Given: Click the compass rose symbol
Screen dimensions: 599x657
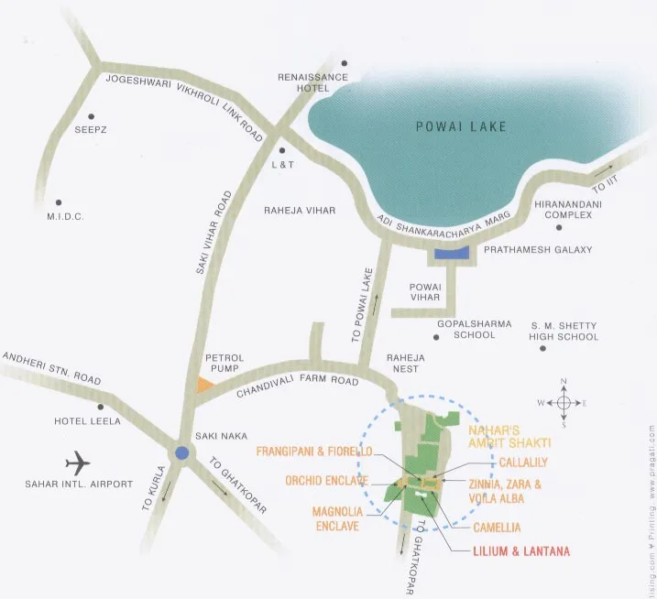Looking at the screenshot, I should tap(564, 402).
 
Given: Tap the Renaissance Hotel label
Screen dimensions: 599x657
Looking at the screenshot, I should tap(313, 83).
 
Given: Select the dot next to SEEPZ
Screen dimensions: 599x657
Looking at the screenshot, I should tap(91, 117).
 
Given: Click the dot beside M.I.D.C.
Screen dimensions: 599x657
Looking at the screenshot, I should tap(59, 202).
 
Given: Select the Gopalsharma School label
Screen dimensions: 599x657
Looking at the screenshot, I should tap(466, 330).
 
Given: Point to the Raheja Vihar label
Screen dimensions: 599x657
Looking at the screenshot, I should tap(300, 211).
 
